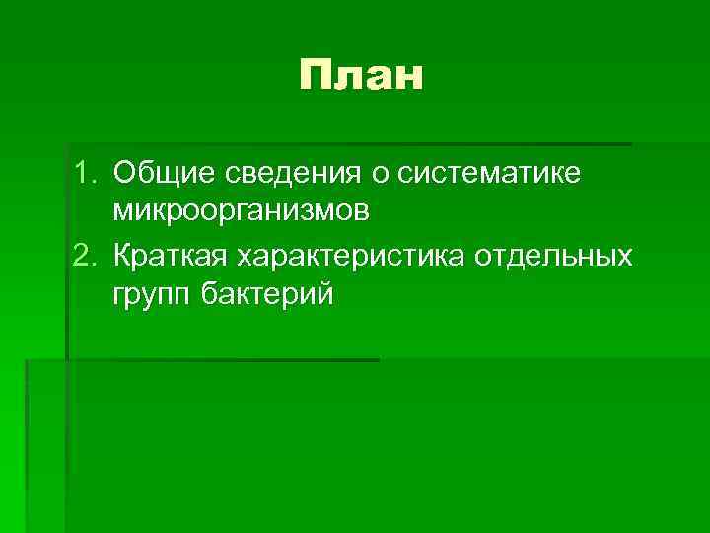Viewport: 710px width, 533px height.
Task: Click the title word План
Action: point(362,76)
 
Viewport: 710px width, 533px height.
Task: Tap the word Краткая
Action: point(169,256)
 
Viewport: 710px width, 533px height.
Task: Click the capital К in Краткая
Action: point(123,256)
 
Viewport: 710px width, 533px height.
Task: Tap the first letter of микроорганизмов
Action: point(122,212)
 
